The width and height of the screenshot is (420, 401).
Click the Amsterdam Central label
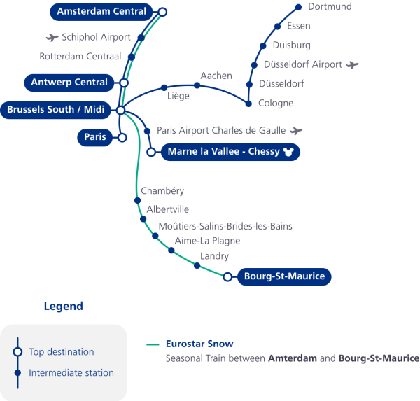coord(101,11)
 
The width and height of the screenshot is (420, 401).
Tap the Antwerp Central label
coord(69,83)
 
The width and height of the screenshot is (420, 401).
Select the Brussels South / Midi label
coord(55,110)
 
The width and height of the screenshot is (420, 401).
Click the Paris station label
coord(94,137)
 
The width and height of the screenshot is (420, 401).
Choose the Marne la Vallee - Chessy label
coord(223,151)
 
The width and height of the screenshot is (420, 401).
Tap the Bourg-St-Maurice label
coord(284,276)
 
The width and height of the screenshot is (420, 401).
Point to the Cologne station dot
coord(248,104)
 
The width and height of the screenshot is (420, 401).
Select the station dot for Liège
coord(164,88)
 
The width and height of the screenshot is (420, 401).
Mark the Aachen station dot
coord(197,85)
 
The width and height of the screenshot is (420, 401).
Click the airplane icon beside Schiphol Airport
coord(51,37)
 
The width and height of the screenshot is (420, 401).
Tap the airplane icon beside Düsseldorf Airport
coord(352,65)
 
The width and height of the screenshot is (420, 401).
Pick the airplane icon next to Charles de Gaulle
coord(297,130)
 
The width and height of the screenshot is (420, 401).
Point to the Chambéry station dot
coord(137,201)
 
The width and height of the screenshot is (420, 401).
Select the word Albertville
coord(168,209)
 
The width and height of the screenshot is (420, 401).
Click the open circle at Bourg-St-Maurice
coord(227,277)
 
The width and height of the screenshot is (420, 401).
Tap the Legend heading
coord(63,307)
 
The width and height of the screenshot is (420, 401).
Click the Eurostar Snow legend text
coord(199,344)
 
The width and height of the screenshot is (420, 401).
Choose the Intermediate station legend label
coord(71,373)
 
